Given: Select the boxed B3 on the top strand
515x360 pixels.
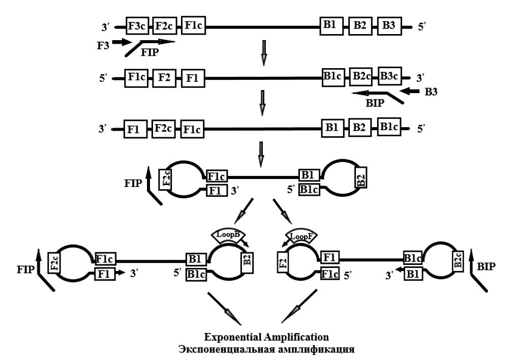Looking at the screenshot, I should point(389,26).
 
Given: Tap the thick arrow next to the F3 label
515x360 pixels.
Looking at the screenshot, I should point(122,42).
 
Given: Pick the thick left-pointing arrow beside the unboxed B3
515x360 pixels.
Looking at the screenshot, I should point(409,92).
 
